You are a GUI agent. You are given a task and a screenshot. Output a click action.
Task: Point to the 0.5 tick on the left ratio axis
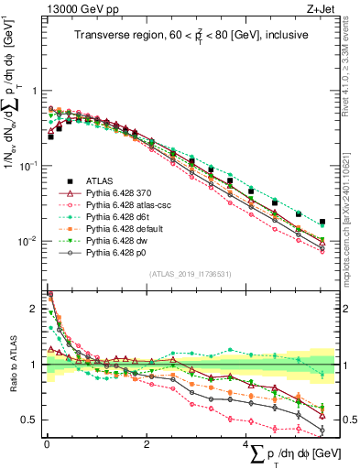[33, 420]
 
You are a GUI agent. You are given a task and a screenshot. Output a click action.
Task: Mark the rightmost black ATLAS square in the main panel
[347, 222]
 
